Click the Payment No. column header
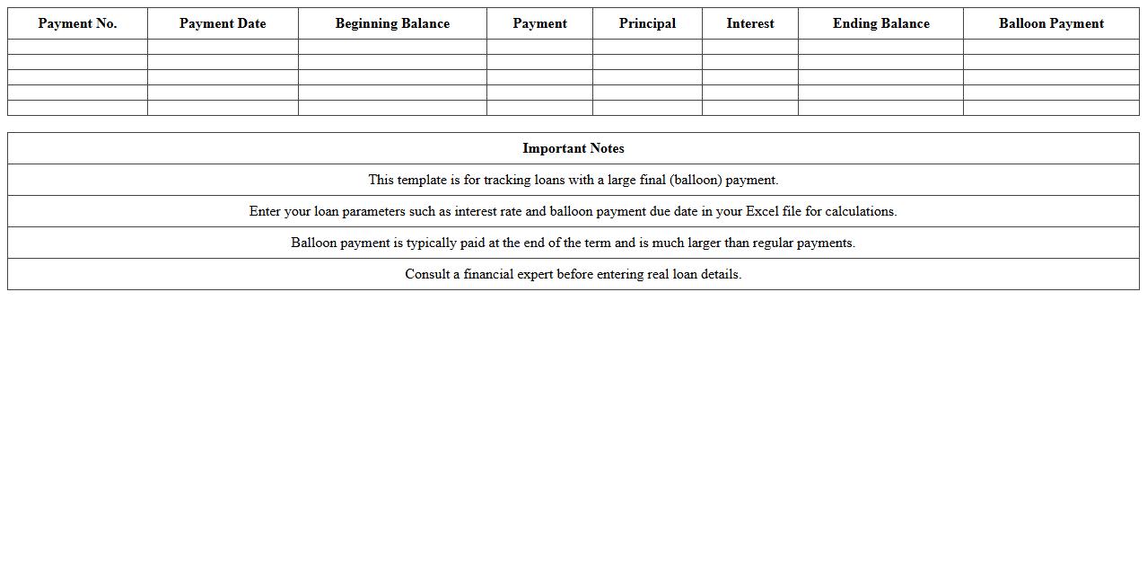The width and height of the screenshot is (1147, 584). (x=77, y=23)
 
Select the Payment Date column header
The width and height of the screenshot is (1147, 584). (x=223, y=23)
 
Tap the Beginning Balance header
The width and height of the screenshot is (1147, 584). (x=392, y=23)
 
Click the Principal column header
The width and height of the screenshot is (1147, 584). (x=647, y=23)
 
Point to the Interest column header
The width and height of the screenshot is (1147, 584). (x=750, y=23)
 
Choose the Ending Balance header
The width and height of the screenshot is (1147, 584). (x=880, y=23)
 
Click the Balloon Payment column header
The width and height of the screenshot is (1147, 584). (x=1051, y=23)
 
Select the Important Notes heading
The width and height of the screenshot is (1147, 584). (x=573, y=148)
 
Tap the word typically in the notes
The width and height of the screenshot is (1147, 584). (x=432, y=243)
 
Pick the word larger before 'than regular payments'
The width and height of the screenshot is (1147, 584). (x=705, y=243)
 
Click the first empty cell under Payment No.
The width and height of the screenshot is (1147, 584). (x=77, y=47)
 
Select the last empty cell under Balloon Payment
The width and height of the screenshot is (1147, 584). (x=1051, y=108)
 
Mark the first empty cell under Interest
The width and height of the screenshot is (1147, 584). (x=750, y=47)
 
